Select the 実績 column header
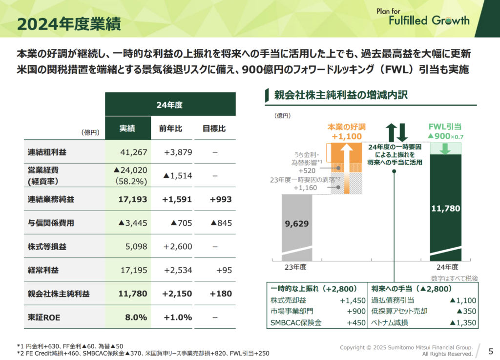pyautogui.click(x=127, y=129)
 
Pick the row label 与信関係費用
pyautogui.click(x=51, y=223)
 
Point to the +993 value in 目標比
pyautogui.click(x=221, y=199)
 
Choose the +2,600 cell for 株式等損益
pyautogui.click(x=178, y=246)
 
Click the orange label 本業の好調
pyautogui.click(x=347, y=127)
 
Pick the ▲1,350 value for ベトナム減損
pyautogui.click(x=462, y=322)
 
